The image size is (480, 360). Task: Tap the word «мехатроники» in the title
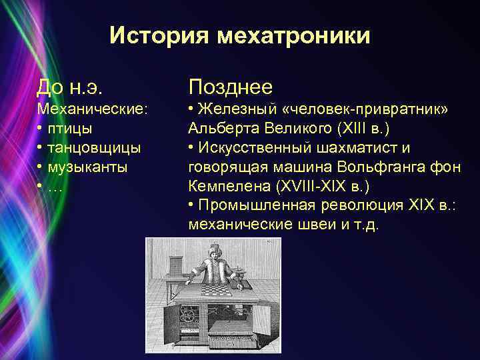pyautogui.click(x=292, y=35)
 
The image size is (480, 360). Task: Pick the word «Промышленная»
pyautogui.click(x=253, y=205)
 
